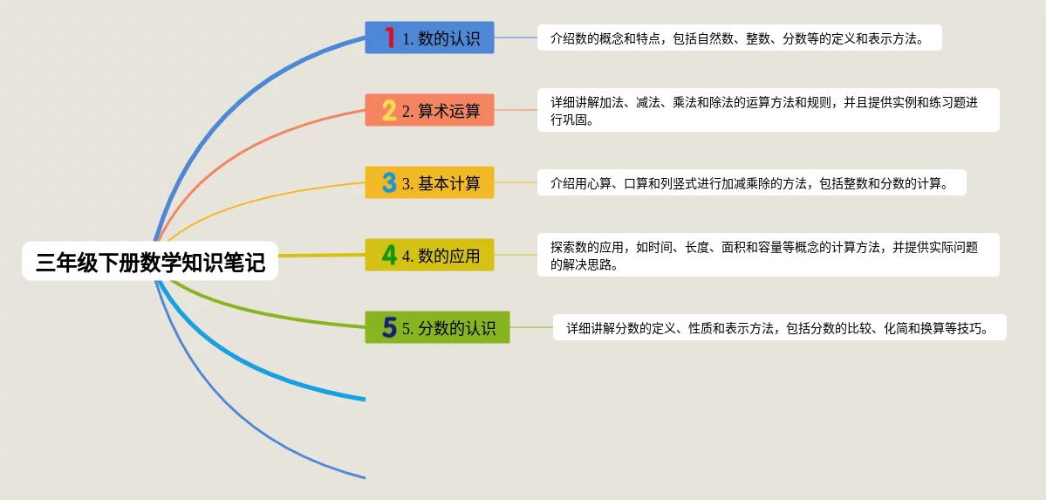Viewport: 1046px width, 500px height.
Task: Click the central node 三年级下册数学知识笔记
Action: pos(149,261)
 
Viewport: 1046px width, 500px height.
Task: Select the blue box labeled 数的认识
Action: pos(429,38)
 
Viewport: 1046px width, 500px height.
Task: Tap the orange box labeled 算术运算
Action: pos(429,109)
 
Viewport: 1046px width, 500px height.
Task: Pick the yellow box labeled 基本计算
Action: pos(429,182)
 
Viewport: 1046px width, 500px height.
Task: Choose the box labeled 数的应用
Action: pos(429,254)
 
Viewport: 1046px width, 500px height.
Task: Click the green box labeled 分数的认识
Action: pos(438,327)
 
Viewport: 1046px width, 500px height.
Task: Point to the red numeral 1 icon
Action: pos(390,38)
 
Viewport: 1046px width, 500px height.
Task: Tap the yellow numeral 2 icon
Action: pos(390,110)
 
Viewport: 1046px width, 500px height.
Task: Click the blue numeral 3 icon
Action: pos(390,182)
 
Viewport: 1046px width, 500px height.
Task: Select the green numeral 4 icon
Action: pos(390,255)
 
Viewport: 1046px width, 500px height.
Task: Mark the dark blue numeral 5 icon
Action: pos(390,327)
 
